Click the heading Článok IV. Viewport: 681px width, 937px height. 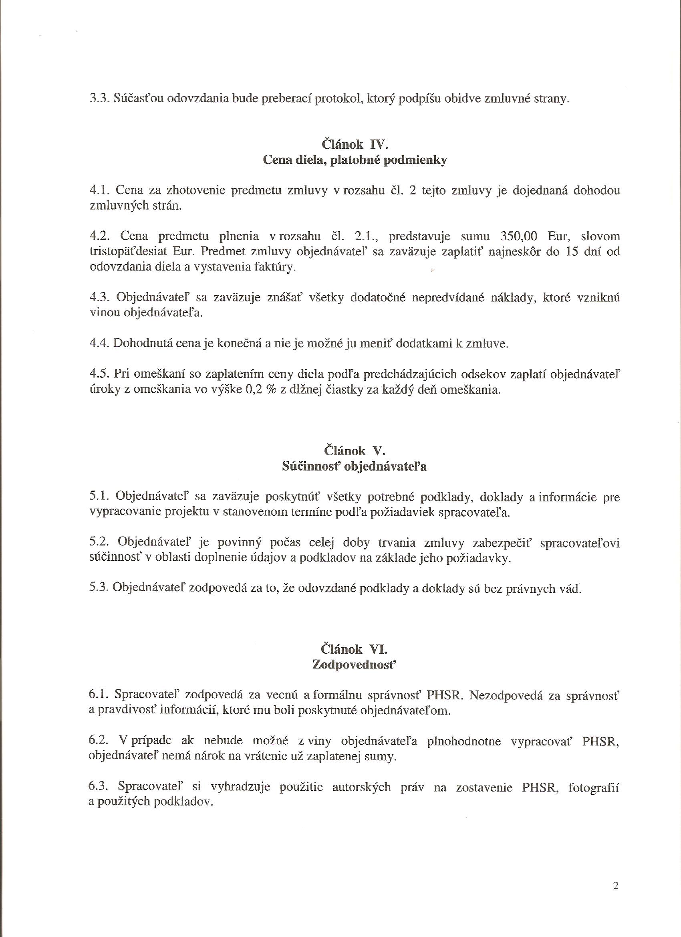coord(355,145)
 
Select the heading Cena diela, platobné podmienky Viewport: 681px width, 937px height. coord(355,160)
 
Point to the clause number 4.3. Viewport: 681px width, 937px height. coord(99,297)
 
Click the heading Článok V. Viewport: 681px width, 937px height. coord(355,451)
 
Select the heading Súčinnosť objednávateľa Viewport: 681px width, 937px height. coord(355,466)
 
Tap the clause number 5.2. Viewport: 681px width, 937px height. coord(99,543)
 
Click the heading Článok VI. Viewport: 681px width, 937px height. coord(355,650)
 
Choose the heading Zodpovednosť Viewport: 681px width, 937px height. coord(355,665)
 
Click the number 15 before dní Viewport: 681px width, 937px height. coord(574,252)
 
